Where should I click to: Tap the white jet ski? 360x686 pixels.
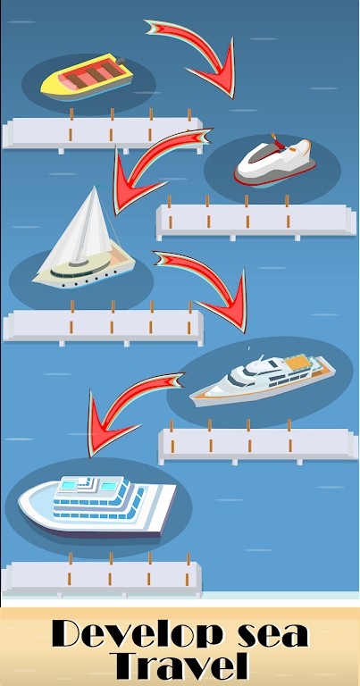click(273, 160)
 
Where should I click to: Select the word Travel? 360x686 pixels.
click(180, 666)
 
